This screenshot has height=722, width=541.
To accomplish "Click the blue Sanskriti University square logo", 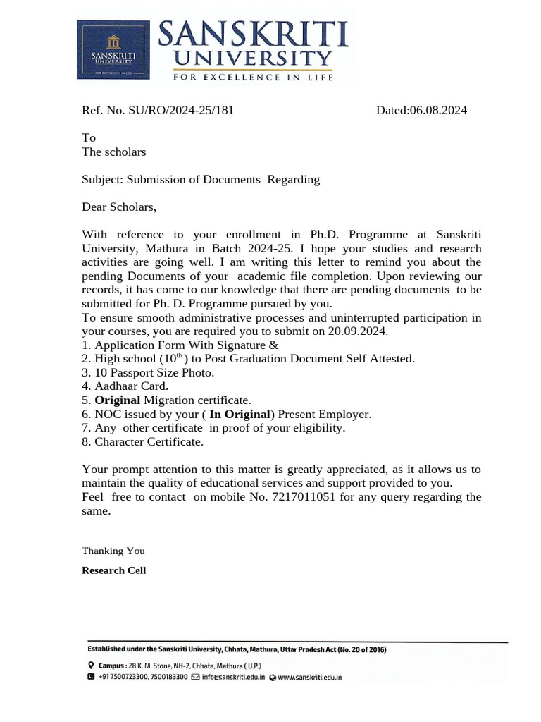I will click(113, 50).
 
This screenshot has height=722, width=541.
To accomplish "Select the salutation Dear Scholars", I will click(119, 207).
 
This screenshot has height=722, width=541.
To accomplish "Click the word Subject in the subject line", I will click(101, 179).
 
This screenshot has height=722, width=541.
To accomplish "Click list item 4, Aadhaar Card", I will click(125, 386).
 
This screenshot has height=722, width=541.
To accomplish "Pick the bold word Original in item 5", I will click(118, 400).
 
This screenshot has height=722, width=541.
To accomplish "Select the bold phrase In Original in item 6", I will click(240, 414).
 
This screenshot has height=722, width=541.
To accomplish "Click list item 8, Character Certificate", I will click(142, 442).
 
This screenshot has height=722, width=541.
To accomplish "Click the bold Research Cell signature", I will click(114, 570).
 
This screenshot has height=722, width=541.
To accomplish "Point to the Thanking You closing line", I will click(113, 551).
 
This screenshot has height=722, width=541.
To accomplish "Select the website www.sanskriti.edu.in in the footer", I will click(310, 677).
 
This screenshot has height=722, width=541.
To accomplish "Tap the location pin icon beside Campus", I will click(91, 666).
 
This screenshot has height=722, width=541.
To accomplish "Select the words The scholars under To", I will click(114, 152).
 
